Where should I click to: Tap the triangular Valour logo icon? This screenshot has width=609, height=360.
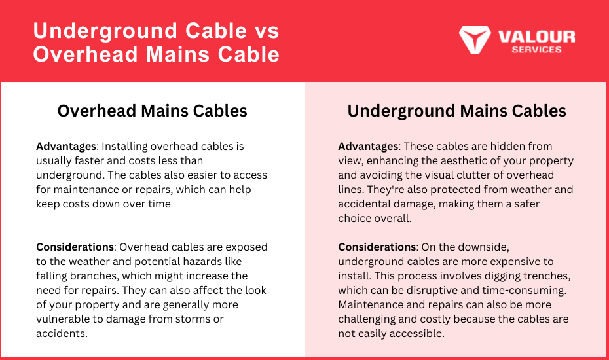475,39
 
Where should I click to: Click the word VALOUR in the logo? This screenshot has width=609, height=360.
537,37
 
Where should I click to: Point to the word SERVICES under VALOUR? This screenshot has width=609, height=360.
537,50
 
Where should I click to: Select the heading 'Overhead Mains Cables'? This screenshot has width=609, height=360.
152,111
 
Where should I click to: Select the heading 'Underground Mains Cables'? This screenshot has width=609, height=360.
457,111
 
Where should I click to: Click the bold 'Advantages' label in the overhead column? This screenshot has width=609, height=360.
66,147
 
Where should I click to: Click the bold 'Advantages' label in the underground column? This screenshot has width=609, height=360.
368,147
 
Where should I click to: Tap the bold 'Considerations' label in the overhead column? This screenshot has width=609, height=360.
75,247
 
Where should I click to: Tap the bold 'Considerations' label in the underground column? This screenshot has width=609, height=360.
377,247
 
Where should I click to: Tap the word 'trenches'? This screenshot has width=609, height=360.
547,276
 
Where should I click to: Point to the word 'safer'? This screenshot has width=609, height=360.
526,204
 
